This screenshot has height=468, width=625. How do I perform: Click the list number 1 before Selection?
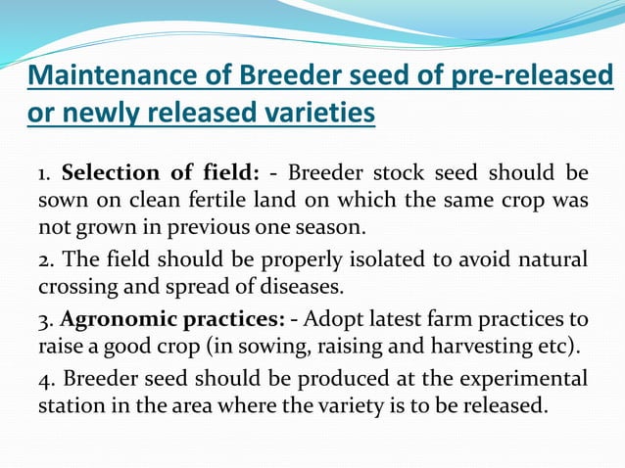(x=43, y=174)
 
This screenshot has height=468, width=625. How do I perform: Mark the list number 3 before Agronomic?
(x=44, y=319)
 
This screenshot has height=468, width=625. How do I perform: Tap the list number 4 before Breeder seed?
(x=45, y=379)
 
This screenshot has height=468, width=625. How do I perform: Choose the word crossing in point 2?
(x=76, y=288)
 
